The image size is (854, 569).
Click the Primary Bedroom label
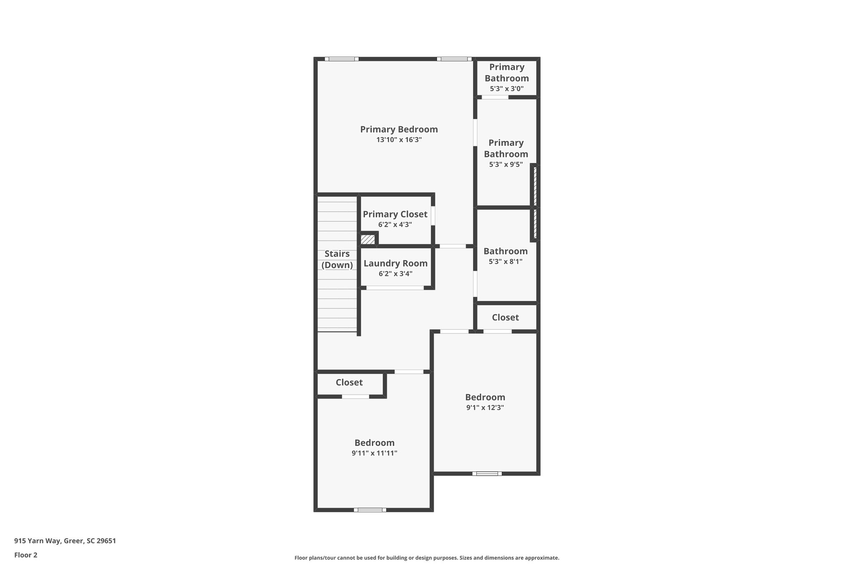click(x=399, y=129)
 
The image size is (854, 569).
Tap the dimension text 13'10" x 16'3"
click(x=399, y=140)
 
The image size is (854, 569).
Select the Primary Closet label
click(x=395, y=214)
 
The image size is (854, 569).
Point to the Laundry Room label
click(x=395, y=263)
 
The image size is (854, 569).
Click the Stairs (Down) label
click(x=337, y=259)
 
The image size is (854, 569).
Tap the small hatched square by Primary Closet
click(x=368, y=240)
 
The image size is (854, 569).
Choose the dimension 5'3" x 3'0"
click(x=507, y=89)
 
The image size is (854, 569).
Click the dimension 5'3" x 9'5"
click(x=506, y=165)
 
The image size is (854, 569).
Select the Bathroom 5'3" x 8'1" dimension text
click(x=505, y=262)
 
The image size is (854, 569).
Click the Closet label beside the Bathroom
click(x=505, y=318)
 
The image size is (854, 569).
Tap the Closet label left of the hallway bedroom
click(x=349, y=383)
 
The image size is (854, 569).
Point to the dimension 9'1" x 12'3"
click(x=485, y=408)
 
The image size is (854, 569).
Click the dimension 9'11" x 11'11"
click(x=374, y=453)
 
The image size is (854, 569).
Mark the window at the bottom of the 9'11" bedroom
click(x=370, y=509)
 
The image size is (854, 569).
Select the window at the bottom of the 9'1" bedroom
click(x=487, y=474)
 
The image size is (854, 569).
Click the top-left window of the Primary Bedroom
click(x=342, y=59)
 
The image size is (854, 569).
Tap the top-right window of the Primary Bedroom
click(x=454, y=59)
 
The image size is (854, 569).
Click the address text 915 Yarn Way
click(x=65, y=541)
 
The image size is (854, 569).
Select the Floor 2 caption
click(x=26, y=555)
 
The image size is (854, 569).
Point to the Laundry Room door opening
click(x=395, y=288)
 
